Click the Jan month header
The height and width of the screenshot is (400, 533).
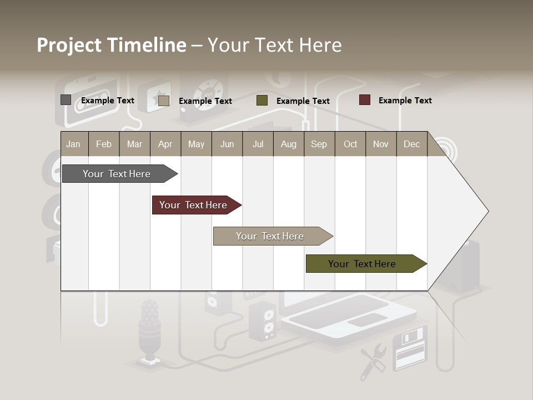point(74,144)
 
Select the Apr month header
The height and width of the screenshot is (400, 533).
point(165,144)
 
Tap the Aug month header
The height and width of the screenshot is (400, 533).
point(288,144)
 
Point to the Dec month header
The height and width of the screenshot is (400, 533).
point(411,144)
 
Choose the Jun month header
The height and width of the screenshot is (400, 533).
point(227,144)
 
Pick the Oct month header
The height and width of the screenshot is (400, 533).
point(350,144)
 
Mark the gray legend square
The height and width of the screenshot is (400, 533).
point(66,100)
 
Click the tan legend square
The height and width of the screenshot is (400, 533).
point(164,101)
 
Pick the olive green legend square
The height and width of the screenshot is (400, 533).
point(262,101)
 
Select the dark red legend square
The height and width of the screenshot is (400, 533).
point(365,100)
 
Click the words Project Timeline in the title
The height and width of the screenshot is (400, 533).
point(112,45)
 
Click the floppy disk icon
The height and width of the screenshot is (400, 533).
point(410,348)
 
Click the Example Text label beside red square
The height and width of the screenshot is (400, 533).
point(405,101)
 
